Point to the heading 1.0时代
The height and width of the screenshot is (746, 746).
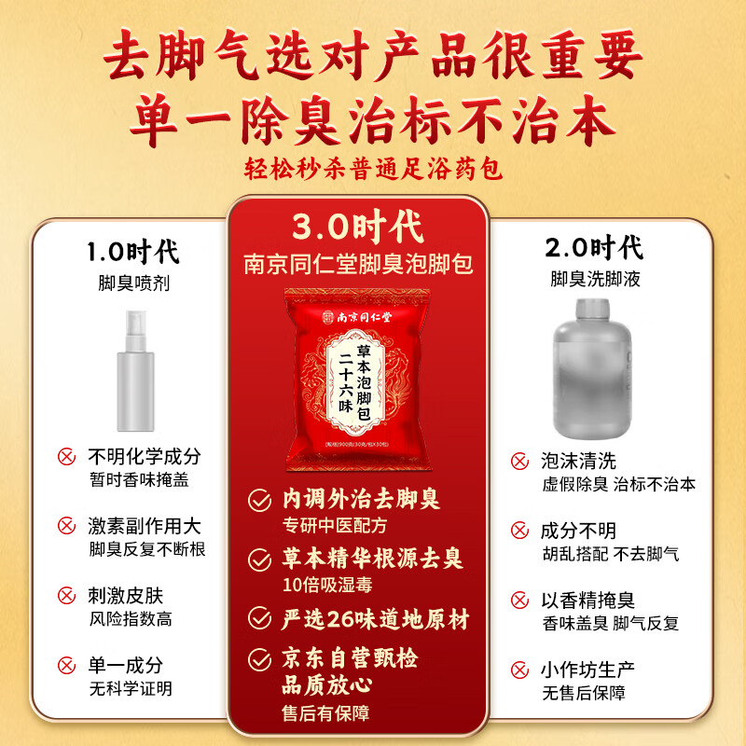point(132,252)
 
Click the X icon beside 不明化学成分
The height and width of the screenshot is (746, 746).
point(66,457)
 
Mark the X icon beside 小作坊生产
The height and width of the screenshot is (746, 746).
point(519,670)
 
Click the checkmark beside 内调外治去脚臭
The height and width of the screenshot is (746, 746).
point(258,502)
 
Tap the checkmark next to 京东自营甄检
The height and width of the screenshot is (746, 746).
point(258,659)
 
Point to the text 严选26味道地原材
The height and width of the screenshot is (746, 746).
point(375,618)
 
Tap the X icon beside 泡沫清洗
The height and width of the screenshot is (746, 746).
point(519,461)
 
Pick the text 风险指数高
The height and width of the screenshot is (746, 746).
point(130,618)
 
